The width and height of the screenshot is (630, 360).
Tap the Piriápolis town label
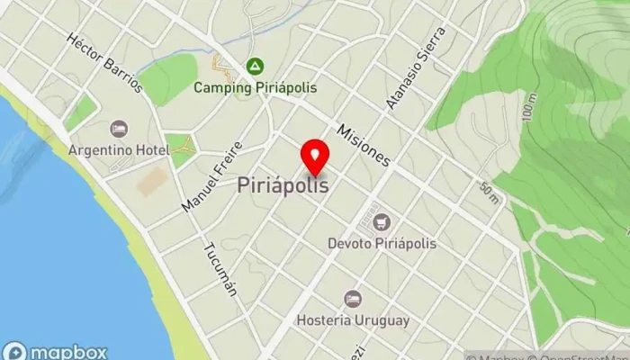(x=283, y=185)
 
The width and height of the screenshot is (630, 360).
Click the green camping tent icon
(x=254, y=67)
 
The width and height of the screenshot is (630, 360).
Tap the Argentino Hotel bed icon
(x=118, y=129)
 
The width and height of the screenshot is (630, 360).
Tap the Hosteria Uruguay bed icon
(x=352, y=299)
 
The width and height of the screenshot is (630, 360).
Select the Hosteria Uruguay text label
(x=352, y=319)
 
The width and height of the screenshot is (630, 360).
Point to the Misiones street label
(x=364, y=144)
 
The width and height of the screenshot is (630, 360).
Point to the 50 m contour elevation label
(x=490, y=191)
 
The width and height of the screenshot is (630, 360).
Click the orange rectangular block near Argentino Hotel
(x=152, y=181)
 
